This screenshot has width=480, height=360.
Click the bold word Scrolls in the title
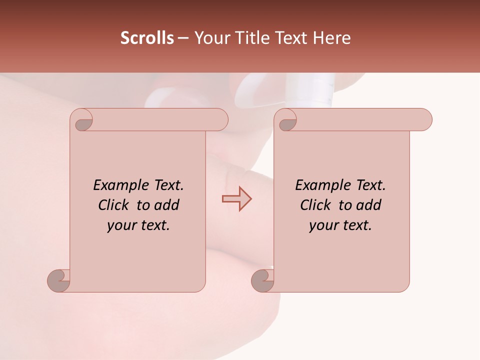coord(147,38)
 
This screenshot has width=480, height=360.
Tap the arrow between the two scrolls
coord(236,198)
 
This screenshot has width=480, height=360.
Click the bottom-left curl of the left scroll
coord(59,280)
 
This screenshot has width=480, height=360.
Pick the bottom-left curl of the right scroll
coord(262,280)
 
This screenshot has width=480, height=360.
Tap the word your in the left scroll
coord(121,225)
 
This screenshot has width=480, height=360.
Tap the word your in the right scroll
coord(323,225)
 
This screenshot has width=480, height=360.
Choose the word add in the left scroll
coord(167,205)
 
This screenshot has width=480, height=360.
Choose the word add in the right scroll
coord(369,205)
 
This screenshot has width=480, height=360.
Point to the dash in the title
coord(183,38)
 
